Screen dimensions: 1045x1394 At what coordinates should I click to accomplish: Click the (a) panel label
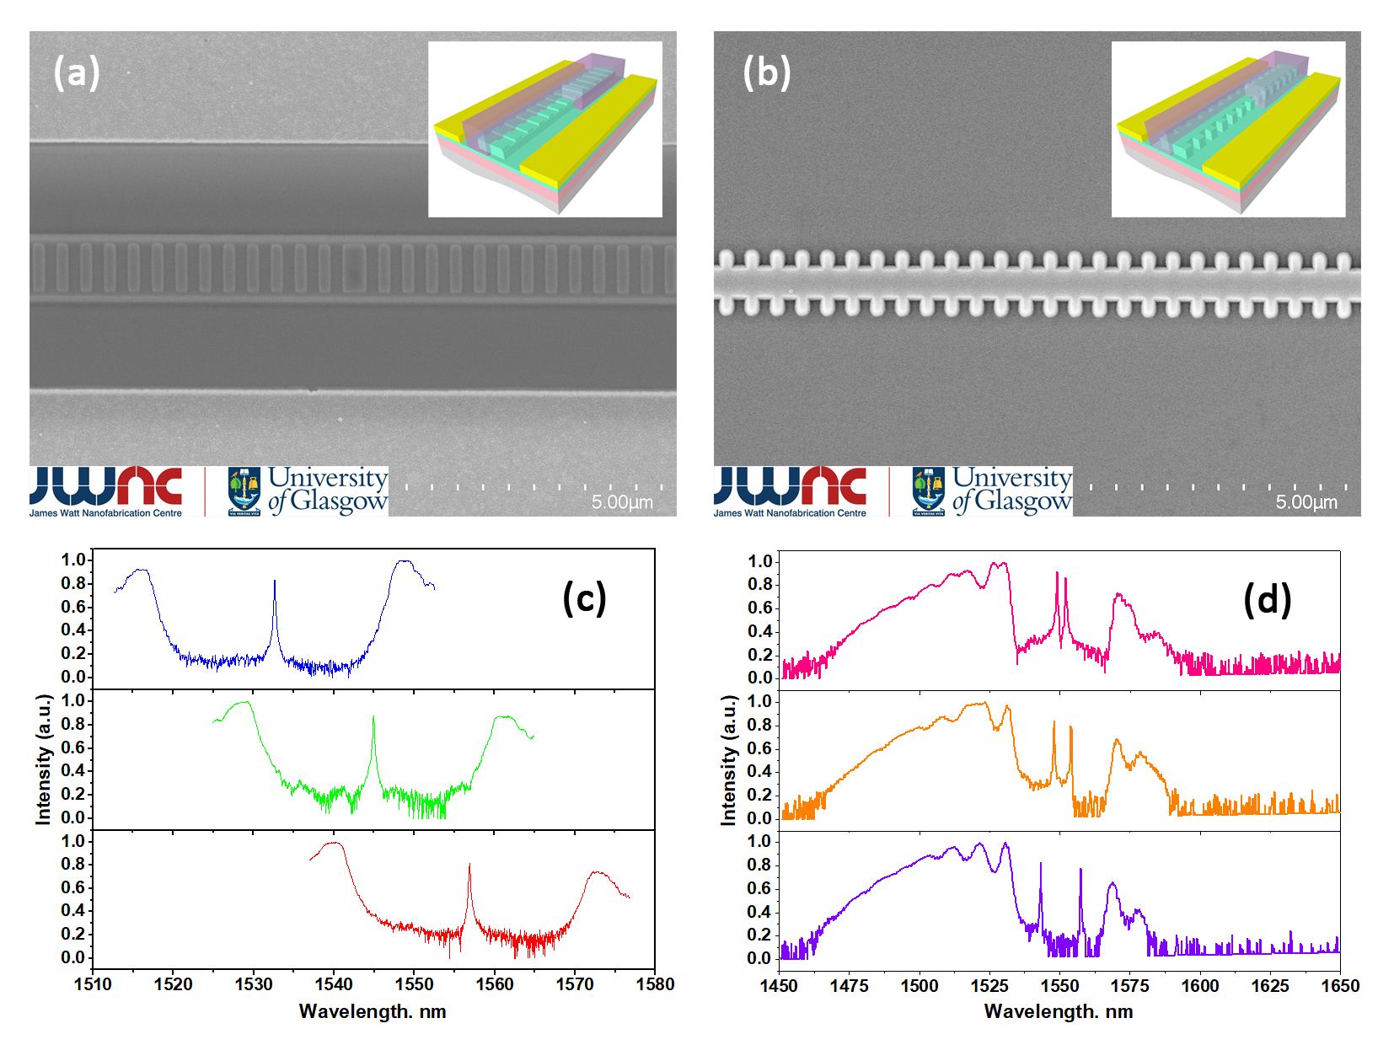pos(77,72)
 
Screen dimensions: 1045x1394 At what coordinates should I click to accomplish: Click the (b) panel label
pos(766,72)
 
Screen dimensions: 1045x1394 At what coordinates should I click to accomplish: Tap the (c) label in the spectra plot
pos(584,598)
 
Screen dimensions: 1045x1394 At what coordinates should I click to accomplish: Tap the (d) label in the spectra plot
pos(1267,600)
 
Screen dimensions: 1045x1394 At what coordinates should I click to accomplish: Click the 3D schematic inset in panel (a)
pos(544,129)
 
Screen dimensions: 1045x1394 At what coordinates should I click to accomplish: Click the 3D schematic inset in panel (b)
pos(1228,129)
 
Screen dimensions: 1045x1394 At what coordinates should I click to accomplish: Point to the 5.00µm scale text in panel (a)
pos(622,502)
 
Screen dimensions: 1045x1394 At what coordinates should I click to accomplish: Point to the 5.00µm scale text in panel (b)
pos(1306,502)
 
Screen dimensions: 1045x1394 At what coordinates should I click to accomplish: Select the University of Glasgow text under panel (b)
pos(1011,490)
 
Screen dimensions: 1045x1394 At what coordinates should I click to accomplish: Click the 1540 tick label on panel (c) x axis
pos(334,984)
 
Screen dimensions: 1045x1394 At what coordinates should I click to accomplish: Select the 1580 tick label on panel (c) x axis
pos(655,984)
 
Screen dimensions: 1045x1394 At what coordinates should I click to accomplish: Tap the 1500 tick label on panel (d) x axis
pos(919,986)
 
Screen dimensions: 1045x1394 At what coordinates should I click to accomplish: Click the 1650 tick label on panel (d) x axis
pos(1339,986)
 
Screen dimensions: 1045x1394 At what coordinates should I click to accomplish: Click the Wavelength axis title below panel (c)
pos(373,1011)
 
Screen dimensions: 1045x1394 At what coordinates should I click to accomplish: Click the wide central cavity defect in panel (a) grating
pos(353,267)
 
